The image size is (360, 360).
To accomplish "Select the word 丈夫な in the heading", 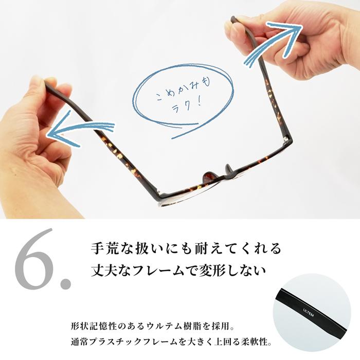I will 107,268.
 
